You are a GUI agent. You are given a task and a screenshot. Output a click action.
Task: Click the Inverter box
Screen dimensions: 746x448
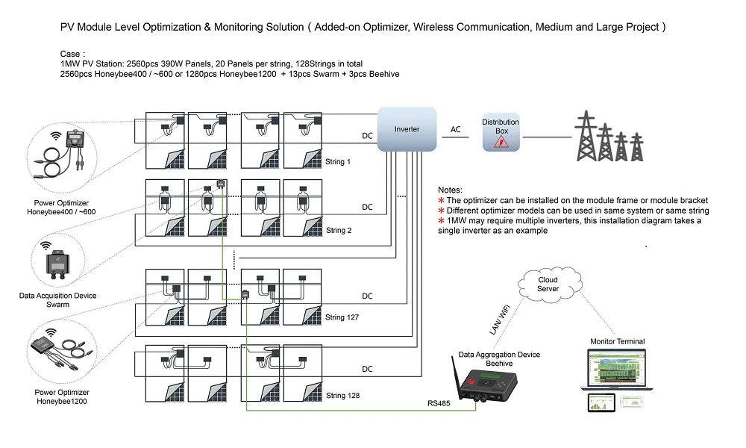pyautogui.click(x=407, y=129)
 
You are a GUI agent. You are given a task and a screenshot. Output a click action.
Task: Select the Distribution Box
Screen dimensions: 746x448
pyautogui.click(x=501, y=132)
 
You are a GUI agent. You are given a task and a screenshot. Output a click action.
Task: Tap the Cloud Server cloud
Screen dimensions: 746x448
pyautogui.click(x=548, y=284)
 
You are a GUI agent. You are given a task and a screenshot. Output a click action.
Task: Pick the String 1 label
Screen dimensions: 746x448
pyautogui.click(x=338, y=162)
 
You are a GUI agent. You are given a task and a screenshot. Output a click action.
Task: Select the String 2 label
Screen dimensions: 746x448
pyautogui.click(x=339, y=231)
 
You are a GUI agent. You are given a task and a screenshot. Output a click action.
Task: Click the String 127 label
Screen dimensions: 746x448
pyautogui.click(x=342, y=317)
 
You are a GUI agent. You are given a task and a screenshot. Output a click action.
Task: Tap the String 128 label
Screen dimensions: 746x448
pyautogui.click(x=342, y=395)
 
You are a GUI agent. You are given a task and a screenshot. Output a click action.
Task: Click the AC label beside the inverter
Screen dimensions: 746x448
pyautogui.click(x=455, y=129)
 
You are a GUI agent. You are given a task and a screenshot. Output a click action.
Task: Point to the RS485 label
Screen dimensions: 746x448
pyautogui.click(x=439, y=403)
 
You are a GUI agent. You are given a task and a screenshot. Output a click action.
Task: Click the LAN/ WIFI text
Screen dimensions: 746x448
pyautogui.click(x=500, y=319)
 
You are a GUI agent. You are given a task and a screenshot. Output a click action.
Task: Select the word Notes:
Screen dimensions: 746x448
pyautogui.click(x=450, y=190)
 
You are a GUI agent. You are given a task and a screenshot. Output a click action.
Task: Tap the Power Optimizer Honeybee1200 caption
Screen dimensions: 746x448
pyautogui.click(x=62, y=396)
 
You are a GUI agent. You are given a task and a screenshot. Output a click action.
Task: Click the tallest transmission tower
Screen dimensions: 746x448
pyautogui.click(x=586, y=136)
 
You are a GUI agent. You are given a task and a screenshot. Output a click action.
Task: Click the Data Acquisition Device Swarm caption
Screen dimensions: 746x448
pyautogui.click(x=57, y=300)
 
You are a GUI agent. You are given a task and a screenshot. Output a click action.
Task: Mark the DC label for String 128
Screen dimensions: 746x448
pyautogui.click(x=367, y=369)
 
